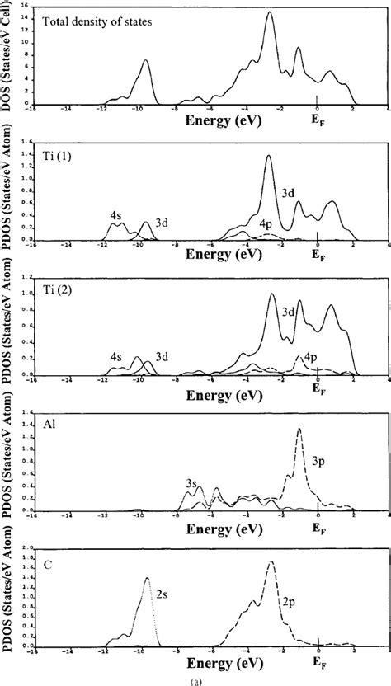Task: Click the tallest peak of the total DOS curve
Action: point(268,12)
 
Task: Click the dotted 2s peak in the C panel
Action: point(147,579)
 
